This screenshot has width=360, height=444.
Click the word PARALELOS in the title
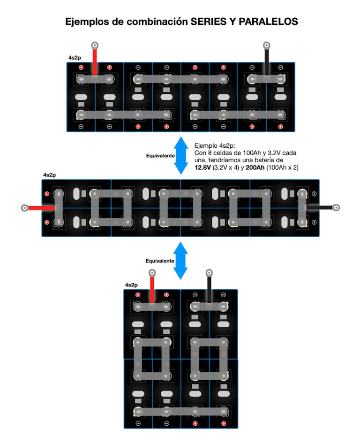click(x=268, y=22)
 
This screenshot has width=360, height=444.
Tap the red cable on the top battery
click(x=95, y=62)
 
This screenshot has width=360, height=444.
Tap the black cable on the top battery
click(x=267, y=62)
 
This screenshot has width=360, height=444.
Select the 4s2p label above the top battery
click(x=75, y=58)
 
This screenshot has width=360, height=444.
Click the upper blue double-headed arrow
click(x=181, y=156)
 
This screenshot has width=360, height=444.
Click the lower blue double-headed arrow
click(x=180, y=261)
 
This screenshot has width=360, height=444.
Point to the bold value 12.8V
click(x=202, y=168)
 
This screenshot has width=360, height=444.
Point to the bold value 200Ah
click(x=255, y=168)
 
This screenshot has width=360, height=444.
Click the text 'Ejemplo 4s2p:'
click(x=215, y=146)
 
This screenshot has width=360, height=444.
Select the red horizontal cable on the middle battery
click(x=41, y=208)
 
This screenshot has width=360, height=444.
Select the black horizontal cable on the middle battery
click(x=320, y=208)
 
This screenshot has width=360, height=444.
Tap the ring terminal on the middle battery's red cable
click(x=25, y=208)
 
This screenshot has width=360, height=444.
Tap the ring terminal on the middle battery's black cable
click(x=336, y=208)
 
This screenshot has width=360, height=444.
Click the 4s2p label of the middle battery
click(x=50, y=175)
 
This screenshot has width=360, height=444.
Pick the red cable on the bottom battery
click(x=152, y=290)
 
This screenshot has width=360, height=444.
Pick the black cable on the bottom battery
click(x=209, y=290)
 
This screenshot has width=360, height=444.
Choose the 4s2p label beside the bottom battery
click(x=131, y=285)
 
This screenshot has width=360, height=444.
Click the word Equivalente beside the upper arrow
click(x=160, y=156)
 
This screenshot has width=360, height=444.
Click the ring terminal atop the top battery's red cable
click(x=95, y=45)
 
